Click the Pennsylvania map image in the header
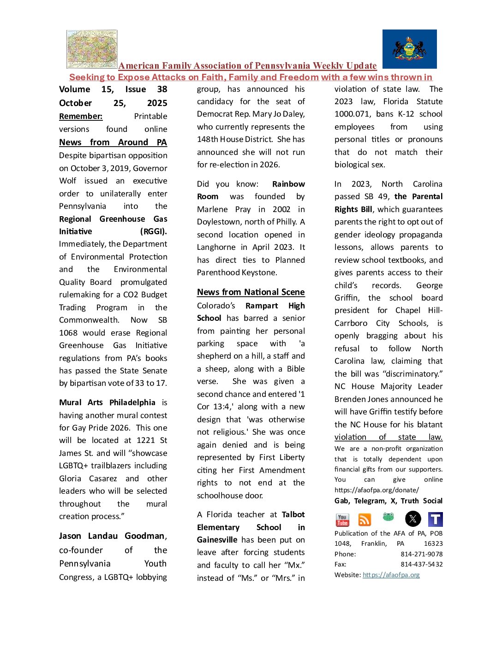[x=92, y=49]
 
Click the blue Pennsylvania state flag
[x=409, y=49]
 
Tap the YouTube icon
[x=342, y=520]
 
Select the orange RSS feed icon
[x=365, y=520]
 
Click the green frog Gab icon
[x=388, y=517]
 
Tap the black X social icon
[x=413, y=519]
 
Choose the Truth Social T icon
[x=436, y=519]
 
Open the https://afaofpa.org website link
[x=391, y=575]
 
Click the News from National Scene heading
[x=251, y=292]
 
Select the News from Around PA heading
[x=113, y=142]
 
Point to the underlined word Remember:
[x=81, y=116]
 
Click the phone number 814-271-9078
[x=421, y=554]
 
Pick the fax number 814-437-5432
[x=421, y=564]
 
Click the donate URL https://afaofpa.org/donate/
[x=376, y=490]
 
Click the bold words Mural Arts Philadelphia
[x=107, y=402]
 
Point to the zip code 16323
[x=433, y=543]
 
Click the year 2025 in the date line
[x=157, y=103]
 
